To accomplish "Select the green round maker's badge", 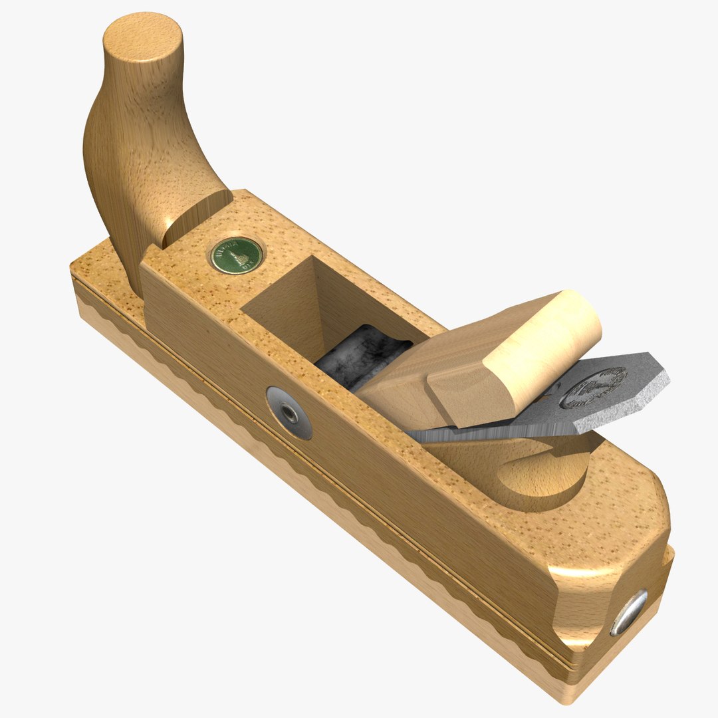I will pos(236,255).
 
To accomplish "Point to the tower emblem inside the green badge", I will pos(236,255).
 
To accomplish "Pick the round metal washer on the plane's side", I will pos(289,412).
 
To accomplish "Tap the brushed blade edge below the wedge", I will pos(479,432).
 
